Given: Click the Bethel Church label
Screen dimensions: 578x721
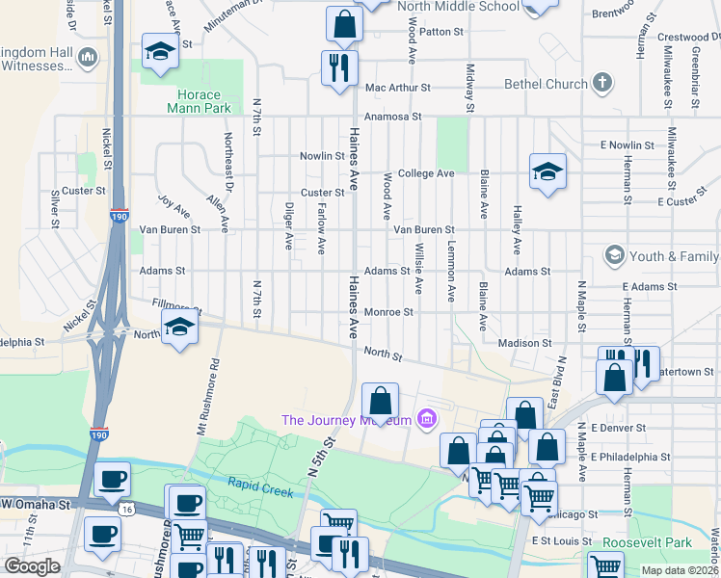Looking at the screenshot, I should point(546,84).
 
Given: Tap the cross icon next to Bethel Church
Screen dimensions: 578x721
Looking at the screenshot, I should point(603,83).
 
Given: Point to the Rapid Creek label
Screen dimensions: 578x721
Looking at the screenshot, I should point(260,486).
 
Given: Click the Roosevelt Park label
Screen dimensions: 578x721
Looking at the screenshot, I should point(642,543).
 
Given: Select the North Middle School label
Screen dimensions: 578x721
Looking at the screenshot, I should point(458,6).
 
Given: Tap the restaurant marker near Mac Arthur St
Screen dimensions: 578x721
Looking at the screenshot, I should point(338,67).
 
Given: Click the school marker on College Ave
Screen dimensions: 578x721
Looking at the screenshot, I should point(547,172).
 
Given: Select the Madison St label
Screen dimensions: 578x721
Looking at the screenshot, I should point(524,343).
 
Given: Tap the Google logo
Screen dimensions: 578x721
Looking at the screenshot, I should point(32,567).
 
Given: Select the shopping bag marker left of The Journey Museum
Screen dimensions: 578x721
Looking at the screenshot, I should point(381,401).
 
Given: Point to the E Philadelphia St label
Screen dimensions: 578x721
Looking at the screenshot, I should point(631,457).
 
